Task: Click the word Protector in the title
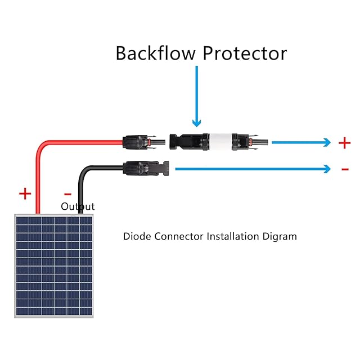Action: (245, 53)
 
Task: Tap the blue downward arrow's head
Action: (196, 121)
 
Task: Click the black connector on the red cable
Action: (138, 141)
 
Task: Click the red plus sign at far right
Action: (345, 143)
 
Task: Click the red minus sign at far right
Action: (345, 169)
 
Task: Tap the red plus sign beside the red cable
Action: (25, 194)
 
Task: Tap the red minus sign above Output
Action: (68, 194)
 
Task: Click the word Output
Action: (78, 206)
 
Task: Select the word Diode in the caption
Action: (136, 236)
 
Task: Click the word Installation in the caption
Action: (232, 236)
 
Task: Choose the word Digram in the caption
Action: (280, 237)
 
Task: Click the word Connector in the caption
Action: (178, 236)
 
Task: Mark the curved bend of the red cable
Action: (42, 147)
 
